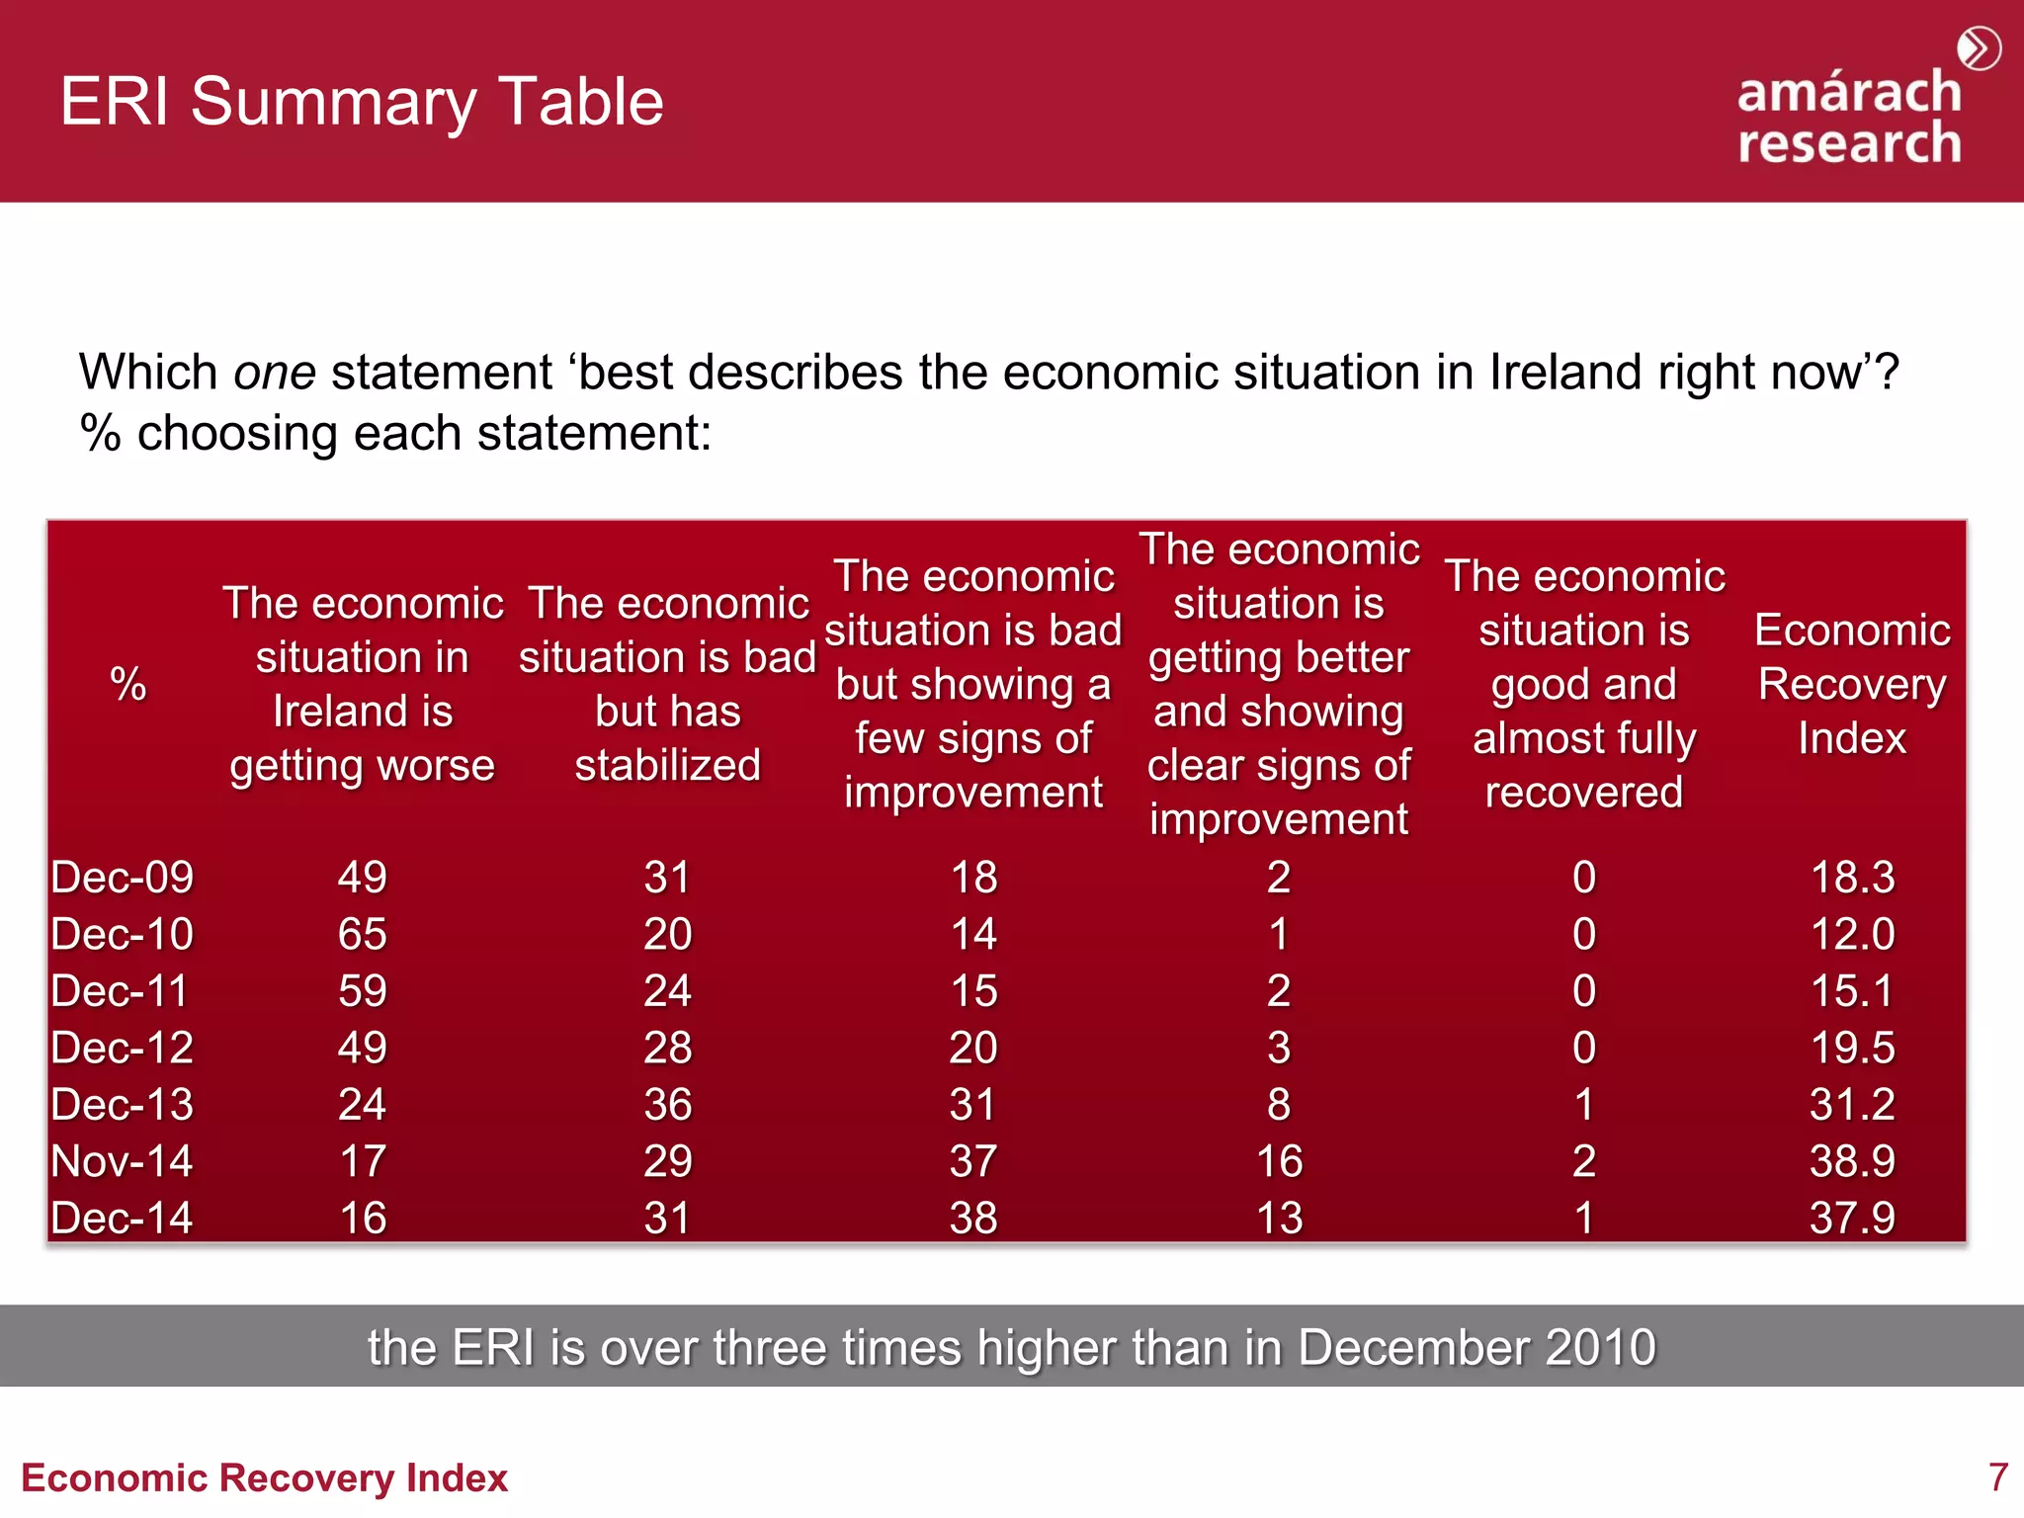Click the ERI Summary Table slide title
[x=362, y=102]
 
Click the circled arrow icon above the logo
[x=1979, y=48]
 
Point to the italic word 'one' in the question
[x=274, y=374]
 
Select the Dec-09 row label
[x=122, y=878]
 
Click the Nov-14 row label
[x=122, y=1161]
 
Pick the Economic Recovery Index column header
[x=1851, y=684]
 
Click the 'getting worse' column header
[x=363, y=684]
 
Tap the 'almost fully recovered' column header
[x=1583, y=684]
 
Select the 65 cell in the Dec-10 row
[x=362, y=935]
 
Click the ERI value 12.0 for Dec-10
[x=1851, y=935]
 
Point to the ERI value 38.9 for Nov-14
[x=1851, y=1161]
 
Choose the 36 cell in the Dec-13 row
[x=667, y=1105]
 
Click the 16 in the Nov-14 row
[x=1279, y=1161]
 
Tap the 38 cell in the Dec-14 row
[x=972, y=1219]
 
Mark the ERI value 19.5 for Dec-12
[x=1851, y=1049]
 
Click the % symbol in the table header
[x=128, y=684]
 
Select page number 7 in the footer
[x=1997, y=1477]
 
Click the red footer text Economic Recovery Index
[x=264, y=1478]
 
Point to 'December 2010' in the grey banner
[x=1476, y=1348]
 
